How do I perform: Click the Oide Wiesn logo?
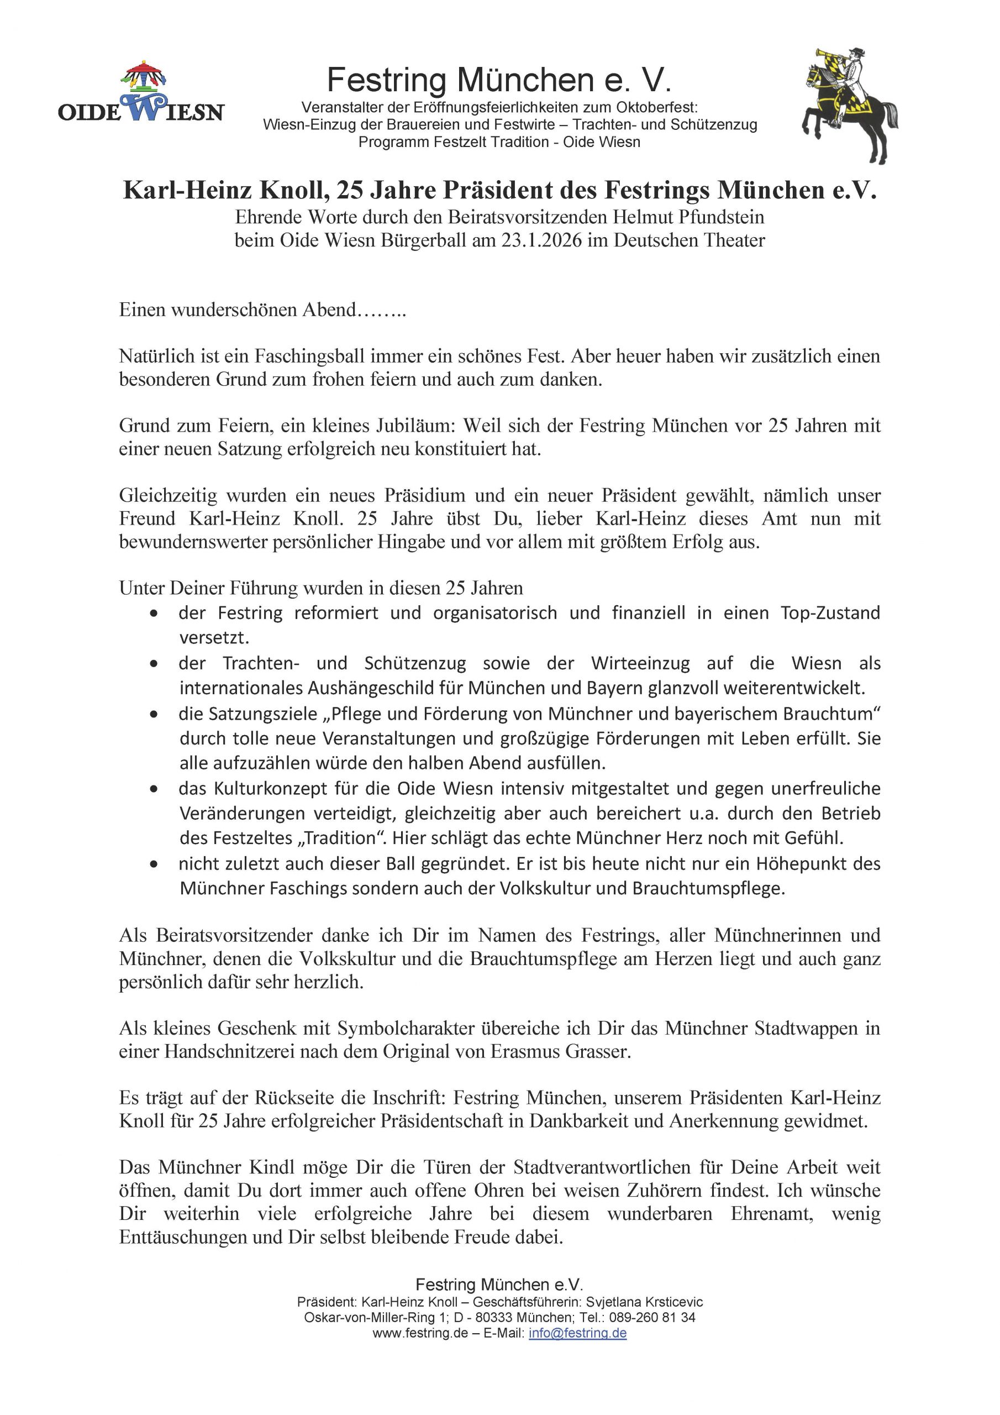coord(141,92)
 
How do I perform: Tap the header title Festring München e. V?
coord(498,80)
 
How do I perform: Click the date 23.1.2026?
coord(541,240)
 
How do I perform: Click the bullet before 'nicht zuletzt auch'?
coord(154,864)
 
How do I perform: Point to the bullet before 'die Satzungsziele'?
coord(154,714)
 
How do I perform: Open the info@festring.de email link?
coord(577,1333)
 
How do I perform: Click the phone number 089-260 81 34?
coord(652,1318)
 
